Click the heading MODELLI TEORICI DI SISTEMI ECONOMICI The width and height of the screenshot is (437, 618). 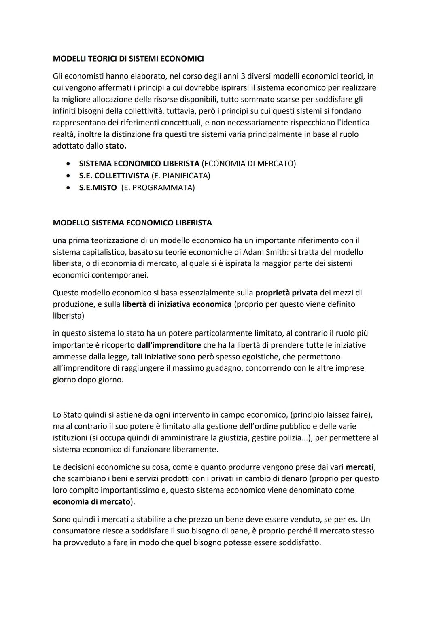128,59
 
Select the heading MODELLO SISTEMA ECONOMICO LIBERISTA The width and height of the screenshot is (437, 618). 132,223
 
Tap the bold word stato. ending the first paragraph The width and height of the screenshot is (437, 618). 115,146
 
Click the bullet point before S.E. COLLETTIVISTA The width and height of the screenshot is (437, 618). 70,176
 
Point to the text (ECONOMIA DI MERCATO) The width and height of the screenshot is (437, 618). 248,164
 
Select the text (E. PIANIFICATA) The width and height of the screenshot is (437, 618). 180,176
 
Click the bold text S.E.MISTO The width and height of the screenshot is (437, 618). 98,188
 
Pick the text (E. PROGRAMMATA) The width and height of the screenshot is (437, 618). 158,188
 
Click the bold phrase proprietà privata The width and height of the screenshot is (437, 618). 286,293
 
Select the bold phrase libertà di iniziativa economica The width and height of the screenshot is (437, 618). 177,304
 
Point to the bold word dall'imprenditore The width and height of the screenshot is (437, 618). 169,345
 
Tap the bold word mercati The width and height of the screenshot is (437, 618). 360,467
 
